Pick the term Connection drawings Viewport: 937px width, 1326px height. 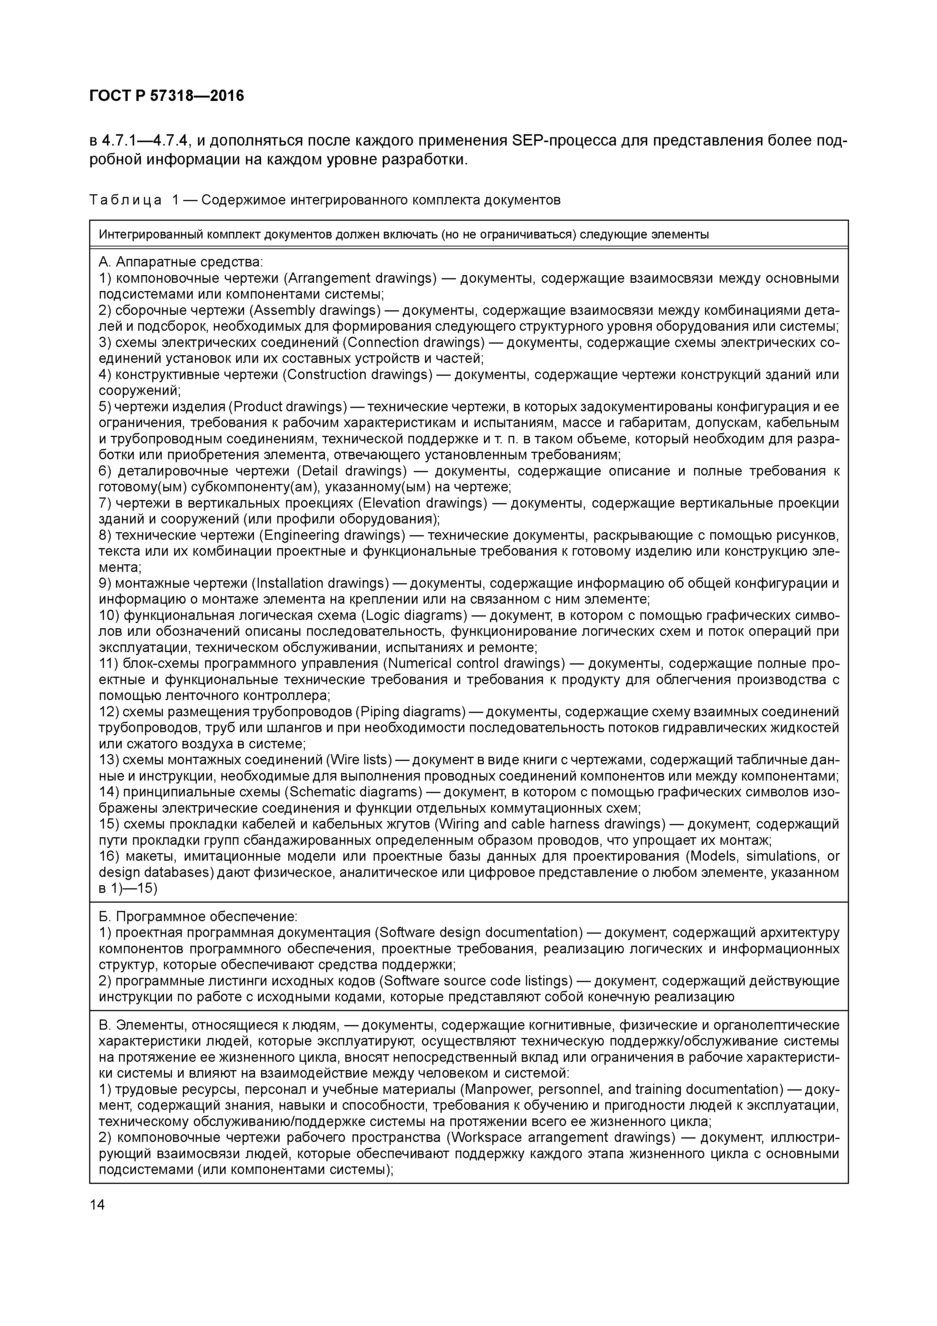tap(414, 342)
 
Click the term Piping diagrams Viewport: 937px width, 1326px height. tap(413, 711)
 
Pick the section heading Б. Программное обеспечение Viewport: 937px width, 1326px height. tap(198, 917)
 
